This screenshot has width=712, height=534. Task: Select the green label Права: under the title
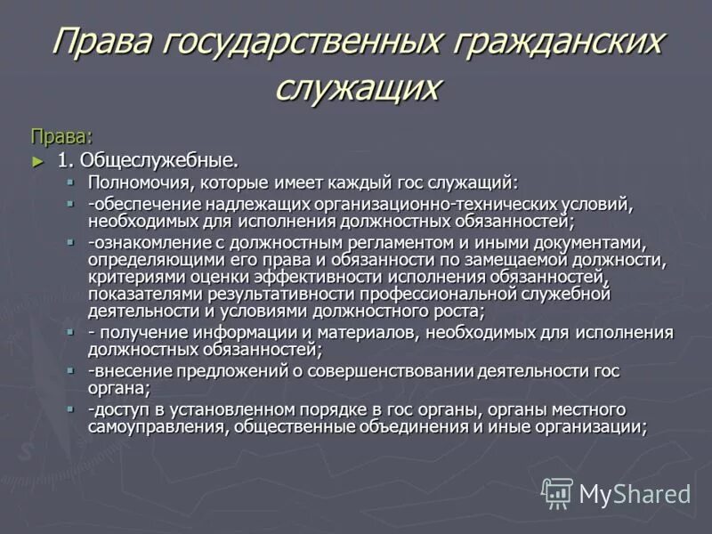(61, 136)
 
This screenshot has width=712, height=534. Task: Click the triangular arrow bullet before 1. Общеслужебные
(37, 161)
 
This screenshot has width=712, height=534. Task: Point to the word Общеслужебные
(159, 161)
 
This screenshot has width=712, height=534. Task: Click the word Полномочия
(133, 183)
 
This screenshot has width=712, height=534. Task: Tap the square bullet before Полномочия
(70, 182)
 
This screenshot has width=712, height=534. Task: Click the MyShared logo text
(635, 493)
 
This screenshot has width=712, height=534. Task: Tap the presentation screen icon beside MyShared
(558, 493)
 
